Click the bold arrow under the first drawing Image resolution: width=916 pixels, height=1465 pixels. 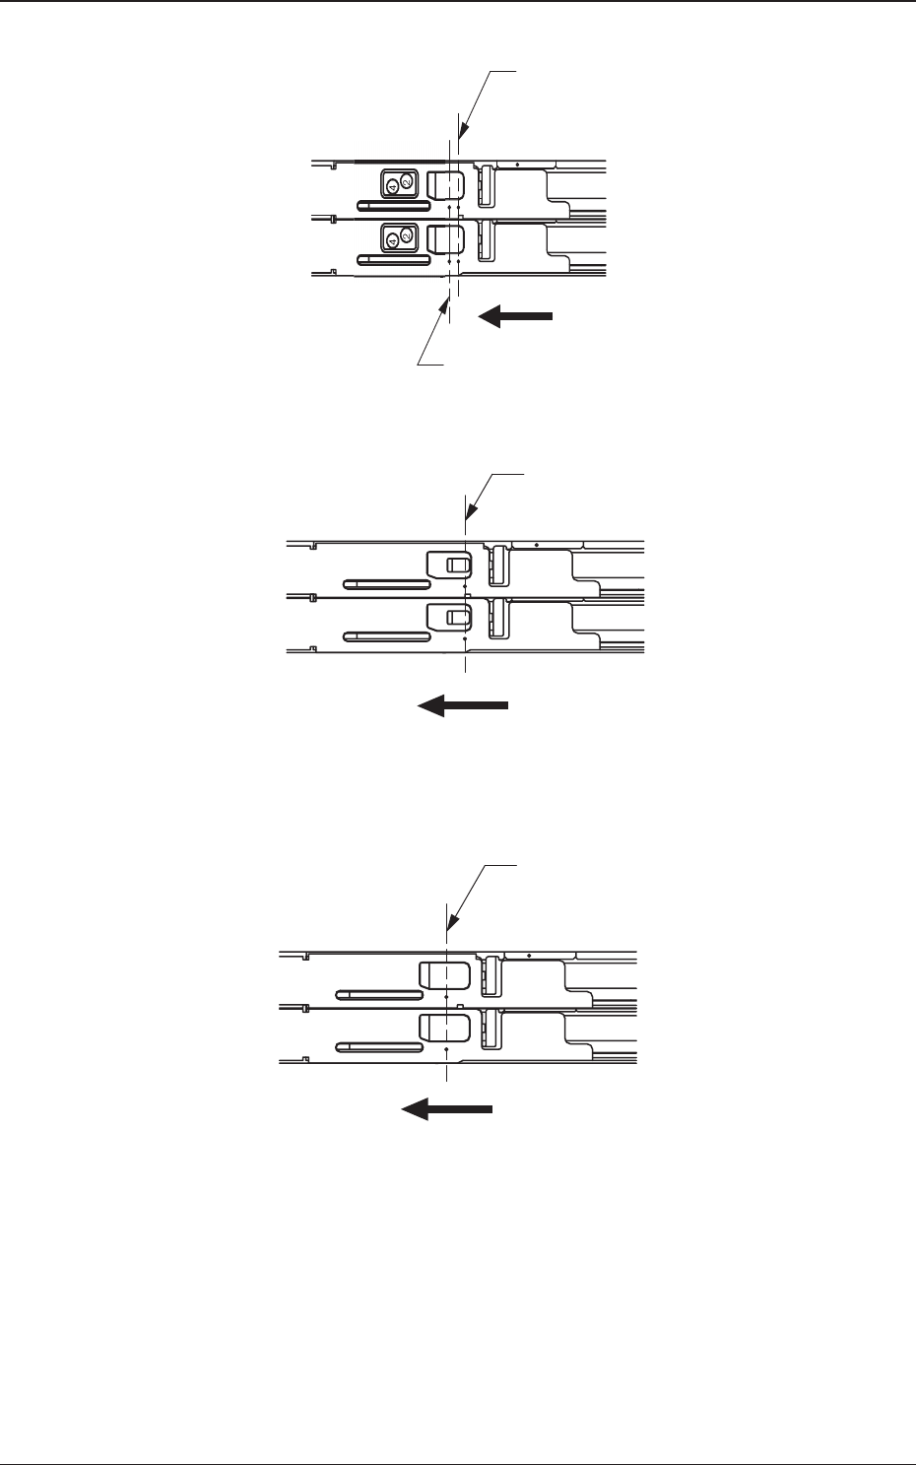[516, 316]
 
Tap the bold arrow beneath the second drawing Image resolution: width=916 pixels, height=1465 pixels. [462, 705]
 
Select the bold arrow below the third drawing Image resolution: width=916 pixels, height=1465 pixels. [446, 1109]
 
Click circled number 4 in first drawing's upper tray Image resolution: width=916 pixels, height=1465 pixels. [391, 185]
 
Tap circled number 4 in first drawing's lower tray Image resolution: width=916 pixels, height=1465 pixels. [391, 239]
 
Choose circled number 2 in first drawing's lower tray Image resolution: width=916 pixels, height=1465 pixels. [408, 235]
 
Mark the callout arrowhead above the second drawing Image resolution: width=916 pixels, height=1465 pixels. [468, 518]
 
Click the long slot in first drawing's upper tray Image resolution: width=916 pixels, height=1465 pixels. [393, 206]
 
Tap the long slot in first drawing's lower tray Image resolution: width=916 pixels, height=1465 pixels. [393, 259]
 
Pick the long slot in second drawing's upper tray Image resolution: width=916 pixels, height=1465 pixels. [385, 584]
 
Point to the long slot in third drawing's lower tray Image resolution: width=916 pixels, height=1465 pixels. [377, 1047]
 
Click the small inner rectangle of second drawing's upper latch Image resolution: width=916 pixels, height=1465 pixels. [455, 565]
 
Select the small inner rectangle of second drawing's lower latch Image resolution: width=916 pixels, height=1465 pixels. [455, 617]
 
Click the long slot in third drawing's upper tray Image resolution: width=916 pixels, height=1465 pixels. [377, 994]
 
